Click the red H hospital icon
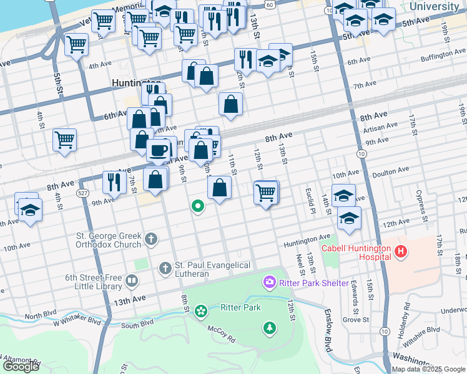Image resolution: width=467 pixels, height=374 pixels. click(401, 252)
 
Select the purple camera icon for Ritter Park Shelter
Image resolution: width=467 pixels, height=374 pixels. click(270, 282)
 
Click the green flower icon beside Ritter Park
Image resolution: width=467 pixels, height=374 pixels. click(200, 310)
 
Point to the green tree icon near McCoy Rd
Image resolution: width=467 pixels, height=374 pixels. click(270, 327)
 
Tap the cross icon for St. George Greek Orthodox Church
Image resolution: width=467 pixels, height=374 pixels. click(150, 239)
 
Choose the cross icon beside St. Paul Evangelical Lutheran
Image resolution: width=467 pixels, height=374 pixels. click(165, 269)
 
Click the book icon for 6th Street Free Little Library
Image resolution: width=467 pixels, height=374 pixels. click(131, 281)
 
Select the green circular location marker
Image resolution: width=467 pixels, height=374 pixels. click(198, 206)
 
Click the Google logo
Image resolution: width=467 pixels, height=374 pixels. click(21, 367)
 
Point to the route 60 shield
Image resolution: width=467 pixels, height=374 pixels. click(268, 4)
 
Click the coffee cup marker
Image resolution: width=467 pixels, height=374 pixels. click(159, 150)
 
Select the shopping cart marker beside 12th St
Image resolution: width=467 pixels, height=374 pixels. click(266, 193)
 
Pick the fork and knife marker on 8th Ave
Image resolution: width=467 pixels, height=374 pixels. click(114, 181)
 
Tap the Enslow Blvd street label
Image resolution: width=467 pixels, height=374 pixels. click(328, 330)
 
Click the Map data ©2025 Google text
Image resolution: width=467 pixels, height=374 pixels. click(428, 369)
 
